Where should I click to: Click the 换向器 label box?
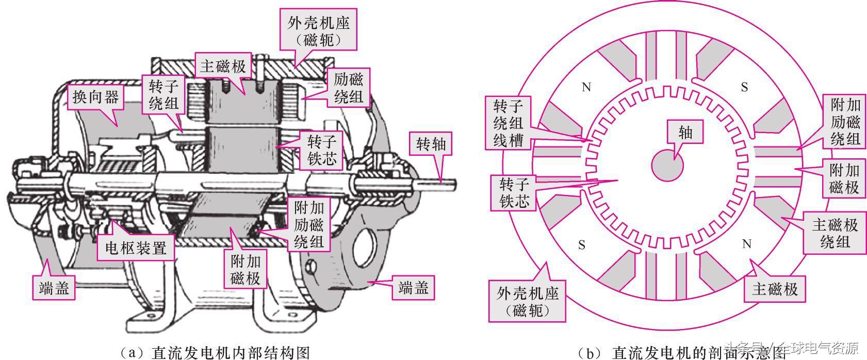click(x=95, y=96)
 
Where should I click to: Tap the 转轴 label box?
click(x=431, y=144)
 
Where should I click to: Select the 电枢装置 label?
click(x=136, y=248)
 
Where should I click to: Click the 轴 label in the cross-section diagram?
click(x=685, y=133)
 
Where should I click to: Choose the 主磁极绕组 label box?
click(x=835, y=233)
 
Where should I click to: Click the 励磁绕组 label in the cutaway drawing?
click(x=349, y=88)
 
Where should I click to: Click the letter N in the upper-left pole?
click(x=586, y=87)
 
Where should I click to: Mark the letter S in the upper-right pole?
click(x=744, y=87)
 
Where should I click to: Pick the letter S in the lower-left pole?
click(x=582, y=244)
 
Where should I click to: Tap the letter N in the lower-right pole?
click(x=746, y=244)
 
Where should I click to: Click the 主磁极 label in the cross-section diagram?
click(x=775, y=289)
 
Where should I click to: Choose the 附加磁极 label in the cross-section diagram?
click(x=844, y=178)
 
